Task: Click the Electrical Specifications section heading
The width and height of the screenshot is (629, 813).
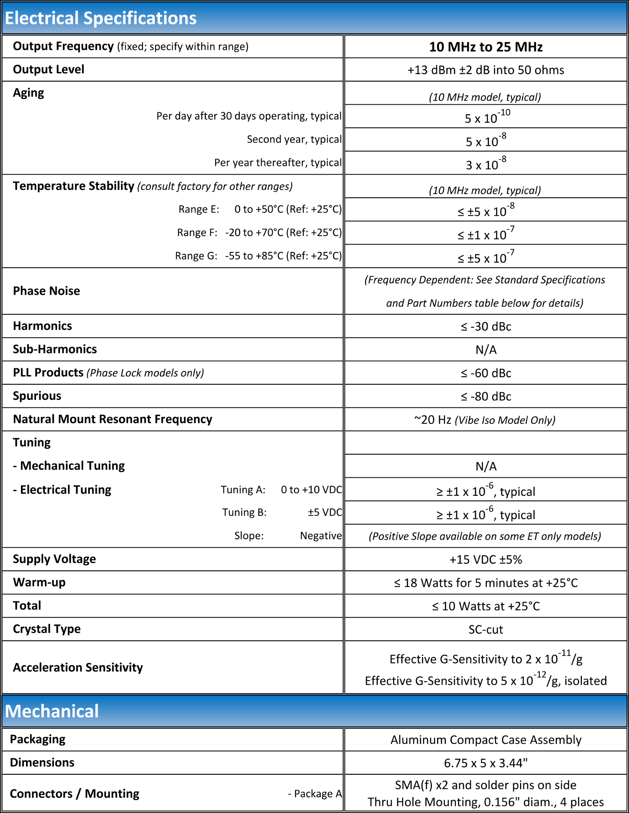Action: [x=101, y=18]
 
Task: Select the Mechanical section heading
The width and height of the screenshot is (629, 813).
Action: [x=52, y=711]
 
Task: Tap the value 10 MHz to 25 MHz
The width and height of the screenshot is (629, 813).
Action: [x=486, y=47]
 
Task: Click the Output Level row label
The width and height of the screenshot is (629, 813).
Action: [x=49, y=70]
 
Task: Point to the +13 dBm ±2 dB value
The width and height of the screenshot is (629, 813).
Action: [x=486, y=70]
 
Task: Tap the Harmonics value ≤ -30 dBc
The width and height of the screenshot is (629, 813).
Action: [x=486, y=326]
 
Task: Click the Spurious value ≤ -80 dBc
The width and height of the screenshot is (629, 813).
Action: [x=486, y=396]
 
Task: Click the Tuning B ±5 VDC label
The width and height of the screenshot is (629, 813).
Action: [x=282, y=513]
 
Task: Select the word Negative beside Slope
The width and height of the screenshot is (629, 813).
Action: [x=321, y=536]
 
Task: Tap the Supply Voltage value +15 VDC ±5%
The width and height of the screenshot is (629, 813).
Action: [x=486, y=559]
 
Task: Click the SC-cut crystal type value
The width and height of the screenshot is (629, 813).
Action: [x=486, y=629]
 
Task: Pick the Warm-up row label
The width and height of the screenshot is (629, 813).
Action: [x=39, y=583]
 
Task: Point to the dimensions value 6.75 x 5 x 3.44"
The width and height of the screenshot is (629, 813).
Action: [x=486, y=763]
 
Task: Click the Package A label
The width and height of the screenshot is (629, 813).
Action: [x=314, y=794]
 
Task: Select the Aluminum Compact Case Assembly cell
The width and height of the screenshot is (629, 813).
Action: [x=486, y=740]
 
